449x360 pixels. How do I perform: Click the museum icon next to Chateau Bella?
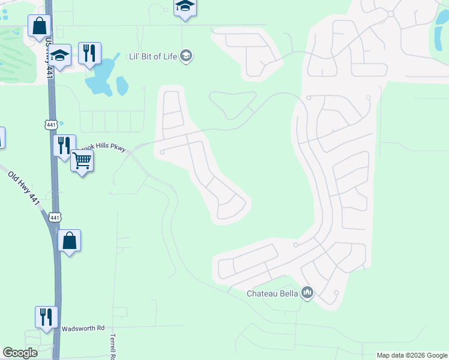click(308, 293)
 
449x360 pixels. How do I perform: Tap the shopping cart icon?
click(82, 160)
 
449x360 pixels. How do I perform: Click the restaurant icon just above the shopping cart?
click(64, 145)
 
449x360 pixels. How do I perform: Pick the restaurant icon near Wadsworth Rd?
click(46, 316)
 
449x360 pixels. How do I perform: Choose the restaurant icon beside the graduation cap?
click(89, 53)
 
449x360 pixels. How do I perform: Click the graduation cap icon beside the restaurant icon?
click(59, 55)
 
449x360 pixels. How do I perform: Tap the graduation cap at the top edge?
click(185, 7)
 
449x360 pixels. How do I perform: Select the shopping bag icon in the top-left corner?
click(39, 26)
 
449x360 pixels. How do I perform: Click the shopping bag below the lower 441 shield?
click(70, 241)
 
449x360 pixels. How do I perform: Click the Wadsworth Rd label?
click(83, 328)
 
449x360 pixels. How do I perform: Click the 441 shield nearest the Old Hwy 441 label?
click(55, 217)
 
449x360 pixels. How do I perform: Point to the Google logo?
click(20, 353)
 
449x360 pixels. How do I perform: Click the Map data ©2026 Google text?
click(412, 355)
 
